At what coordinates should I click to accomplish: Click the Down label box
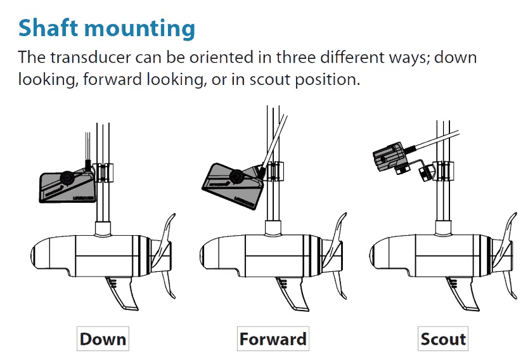(103, 338)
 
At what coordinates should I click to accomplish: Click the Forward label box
(273, 338)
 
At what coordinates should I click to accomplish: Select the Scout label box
(443, 338)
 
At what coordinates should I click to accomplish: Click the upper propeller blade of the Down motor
(168, 229)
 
